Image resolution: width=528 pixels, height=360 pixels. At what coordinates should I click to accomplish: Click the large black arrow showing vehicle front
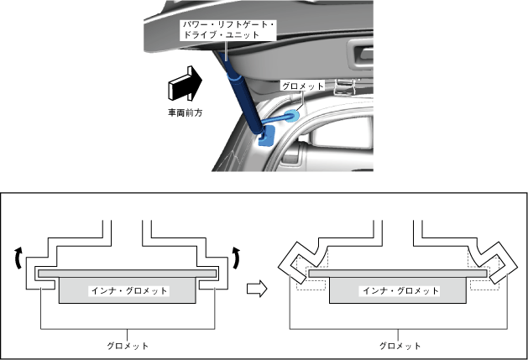pos(184,84)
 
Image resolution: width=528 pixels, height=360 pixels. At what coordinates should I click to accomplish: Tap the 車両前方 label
pos(184,112)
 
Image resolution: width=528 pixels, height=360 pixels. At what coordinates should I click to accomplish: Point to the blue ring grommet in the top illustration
pos(290,117)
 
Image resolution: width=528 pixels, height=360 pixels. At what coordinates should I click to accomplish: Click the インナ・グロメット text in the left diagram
pos(128,291)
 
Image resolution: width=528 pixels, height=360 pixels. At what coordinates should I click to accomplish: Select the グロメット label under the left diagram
pos(128,345)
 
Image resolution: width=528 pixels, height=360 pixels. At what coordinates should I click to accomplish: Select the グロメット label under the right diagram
pos(400,345)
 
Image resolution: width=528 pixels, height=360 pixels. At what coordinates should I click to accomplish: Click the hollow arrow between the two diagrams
pos(257,289)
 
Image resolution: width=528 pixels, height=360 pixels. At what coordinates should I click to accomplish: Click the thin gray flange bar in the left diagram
pos(128,274)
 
